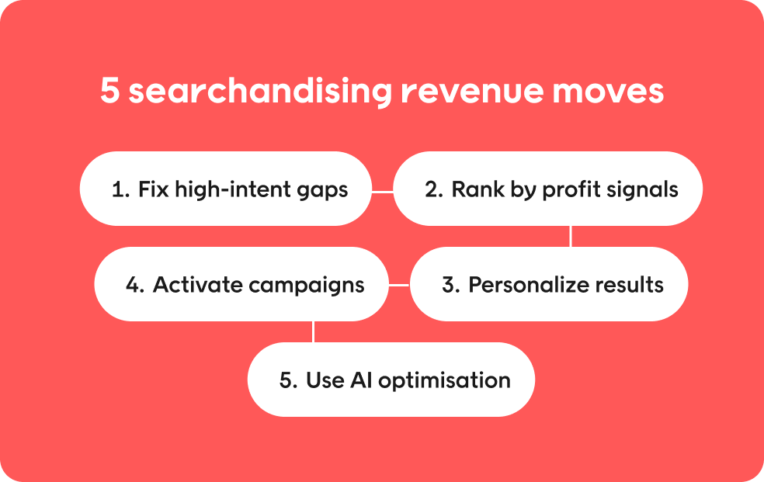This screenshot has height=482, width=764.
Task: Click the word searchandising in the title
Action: coord(260,92)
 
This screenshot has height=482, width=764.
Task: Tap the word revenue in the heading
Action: coord(471,92)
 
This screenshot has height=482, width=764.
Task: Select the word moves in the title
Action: coord(608,92)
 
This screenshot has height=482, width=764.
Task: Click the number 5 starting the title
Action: coord(110,91)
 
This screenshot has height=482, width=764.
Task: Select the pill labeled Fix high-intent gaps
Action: coord(226,189)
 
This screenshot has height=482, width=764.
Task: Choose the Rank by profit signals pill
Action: coord(547,189)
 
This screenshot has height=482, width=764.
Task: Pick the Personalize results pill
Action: coord(549,284)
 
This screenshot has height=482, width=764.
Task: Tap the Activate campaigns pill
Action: coord(241,284)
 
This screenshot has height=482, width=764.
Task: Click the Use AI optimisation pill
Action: coord(391,380)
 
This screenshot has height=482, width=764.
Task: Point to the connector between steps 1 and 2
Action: coord(383,192)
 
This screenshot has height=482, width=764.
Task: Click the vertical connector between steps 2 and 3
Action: coord(571,236)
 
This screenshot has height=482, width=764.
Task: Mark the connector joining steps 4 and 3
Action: coord(400,285)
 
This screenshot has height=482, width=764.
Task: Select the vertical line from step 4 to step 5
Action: coord(313,331)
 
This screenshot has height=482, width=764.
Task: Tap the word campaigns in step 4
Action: coord(307,286)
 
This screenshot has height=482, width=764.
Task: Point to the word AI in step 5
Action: coord(361,380)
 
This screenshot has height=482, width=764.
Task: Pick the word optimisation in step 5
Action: coord(444,381)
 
